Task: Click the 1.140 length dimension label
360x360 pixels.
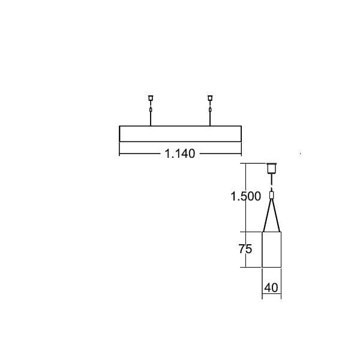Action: [180, 154]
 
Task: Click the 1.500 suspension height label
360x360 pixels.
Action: [245, 196]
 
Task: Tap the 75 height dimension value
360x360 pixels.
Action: [245, 249]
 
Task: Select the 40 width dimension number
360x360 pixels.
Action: [271, 287]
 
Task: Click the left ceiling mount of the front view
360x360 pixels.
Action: [151, 98]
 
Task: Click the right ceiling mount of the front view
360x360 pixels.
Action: [210, 98]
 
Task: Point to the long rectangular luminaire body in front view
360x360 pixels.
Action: [180, 134]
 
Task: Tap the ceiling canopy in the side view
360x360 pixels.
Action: [271, 168]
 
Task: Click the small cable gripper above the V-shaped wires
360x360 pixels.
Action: [271, 196]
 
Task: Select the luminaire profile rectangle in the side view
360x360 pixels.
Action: [272, 250]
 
